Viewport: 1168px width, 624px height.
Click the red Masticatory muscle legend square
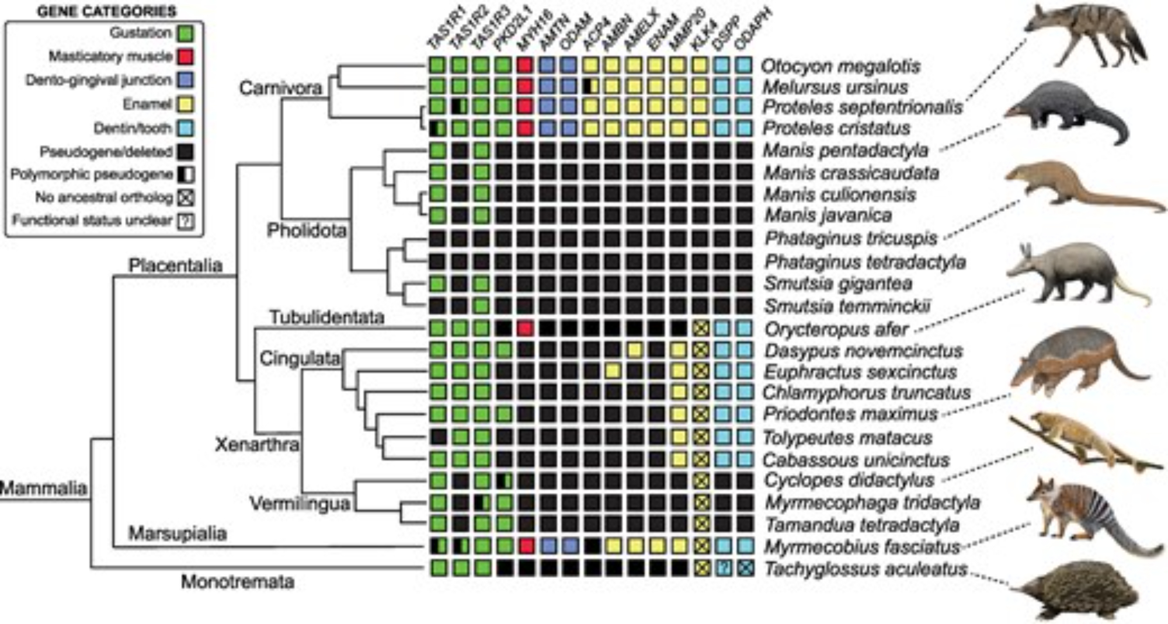[x=185, y=56]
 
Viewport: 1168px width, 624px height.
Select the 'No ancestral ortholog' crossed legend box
[x=185, y=197]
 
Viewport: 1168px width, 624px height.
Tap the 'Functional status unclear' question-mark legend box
[x=185, y=221]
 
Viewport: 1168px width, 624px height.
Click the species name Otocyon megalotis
[x=842, y=66]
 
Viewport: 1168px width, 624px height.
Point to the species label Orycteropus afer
[x=836, y=329]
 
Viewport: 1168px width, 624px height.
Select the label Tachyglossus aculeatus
[x=865, y=569]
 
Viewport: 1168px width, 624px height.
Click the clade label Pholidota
[x=306, y=231]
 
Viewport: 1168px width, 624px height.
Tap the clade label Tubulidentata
[x=326, y=318]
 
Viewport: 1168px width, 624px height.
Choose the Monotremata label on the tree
[x=237, y=582]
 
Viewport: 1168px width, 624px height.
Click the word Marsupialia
[x=177, y=533]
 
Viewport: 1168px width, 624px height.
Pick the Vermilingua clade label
[x=300, y=503]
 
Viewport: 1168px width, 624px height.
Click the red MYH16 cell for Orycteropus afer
[x=525, y=329]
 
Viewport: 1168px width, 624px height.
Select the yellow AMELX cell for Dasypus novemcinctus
[x=635, y=350]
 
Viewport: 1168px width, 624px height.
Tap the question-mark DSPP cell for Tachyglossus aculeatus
[x=723, y=568]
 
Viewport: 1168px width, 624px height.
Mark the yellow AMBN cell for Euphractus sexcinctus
[x=613, y=371]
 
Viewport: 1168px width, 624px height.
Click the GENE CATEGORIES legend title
[x=106, y=11]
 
